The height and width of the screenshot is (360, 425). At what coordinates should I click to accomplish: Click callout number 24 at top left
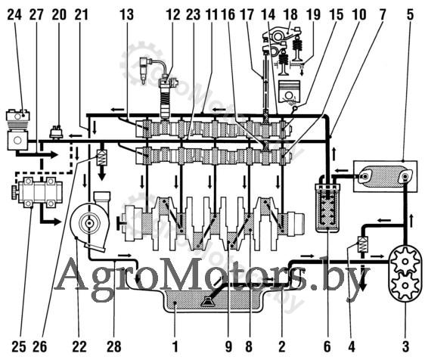(14, 14)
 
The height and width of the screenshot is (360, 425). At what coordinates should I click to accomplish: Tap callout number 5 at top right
(411, 14)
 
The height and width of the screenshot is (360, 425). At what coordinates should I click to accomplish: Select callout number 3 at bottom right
(405, 346)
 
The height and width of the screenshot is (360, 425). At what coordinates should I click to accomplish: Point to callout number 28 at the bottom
(114, 346)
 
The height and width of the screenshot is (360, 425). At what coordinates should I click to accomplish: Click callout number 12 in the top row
(173, 14)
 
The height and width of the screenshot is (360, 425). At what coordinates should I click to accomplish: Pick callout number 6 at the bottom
(327, 346)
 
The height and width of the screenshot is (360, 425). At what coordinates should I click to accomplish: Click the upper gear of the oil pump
(405, 262)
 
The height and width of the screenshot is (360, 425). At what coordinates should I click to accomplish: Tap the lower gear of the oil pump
(405, 285)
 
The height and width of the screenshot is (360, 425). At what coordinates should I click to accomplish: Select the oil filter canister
(327, 208)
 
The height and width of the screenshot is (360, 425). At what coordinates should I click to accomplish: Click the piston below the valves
(290, 92)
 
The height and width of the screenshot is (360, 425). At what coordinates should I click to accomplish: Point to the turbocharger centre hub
(88, 223)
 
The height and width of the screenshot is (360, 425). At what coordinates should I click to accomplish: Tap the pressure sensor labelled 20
(57, 132)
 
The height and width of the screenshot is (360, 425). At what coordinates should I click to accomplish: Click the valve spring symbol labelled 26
(102, 158)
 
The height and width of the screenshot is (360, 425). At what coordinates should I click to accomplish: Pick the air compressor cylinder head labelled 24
(18, 116)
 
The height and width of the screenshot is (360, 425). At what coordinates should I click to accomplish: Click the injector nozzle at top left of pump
(144, 70)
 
